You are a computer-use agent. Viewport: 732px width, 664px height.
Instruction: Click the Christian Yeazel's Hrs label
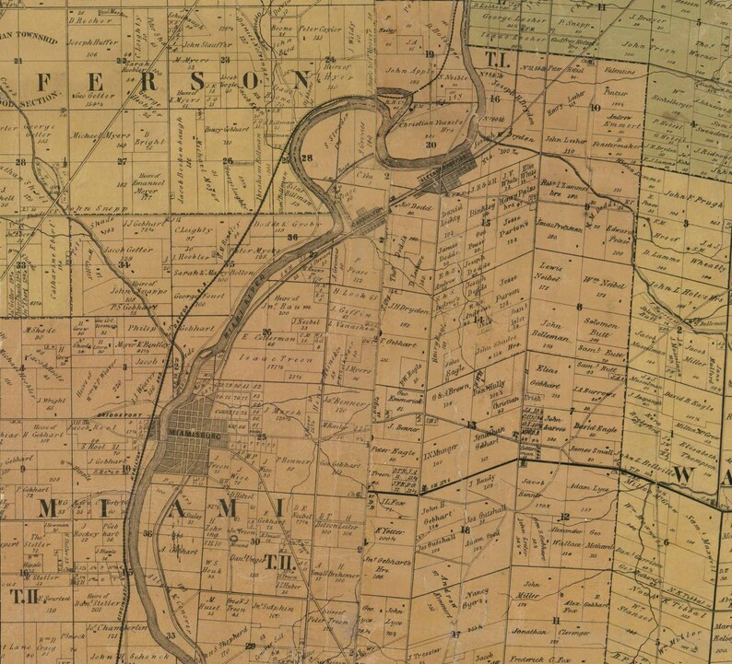tap(430, 127)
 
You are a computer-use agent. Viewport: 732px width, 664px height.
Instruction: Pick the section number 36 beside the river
tap(148, 534)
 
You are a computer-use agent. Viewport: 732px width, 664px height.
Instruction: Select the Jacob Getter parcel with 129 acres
tap(126, 250)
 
